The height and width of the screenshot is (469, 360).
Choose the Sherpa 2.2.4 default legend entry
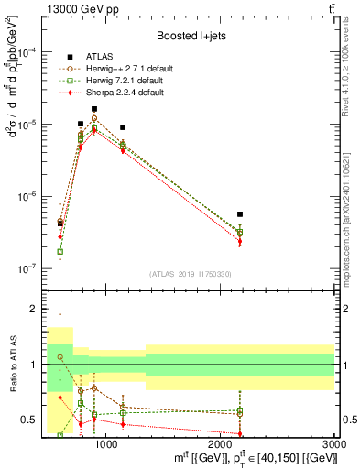[114, 93]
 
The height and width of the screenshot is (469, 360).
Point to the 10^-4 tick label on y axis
[31, 53]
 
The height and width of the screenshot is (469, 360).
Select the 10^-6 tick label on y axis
[31, 197]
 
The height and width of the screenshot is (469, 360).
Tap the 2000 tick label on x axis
[220, 444]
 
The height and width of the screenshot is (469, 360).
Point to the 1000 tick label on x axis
[106, 444]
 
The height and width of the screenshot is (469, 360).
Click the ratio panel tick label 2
[35, 310]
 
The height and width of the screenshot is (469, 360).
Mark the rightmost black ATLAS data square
[239, 214]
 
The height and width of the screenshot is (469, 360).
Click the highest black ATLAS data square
[94, 109]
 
